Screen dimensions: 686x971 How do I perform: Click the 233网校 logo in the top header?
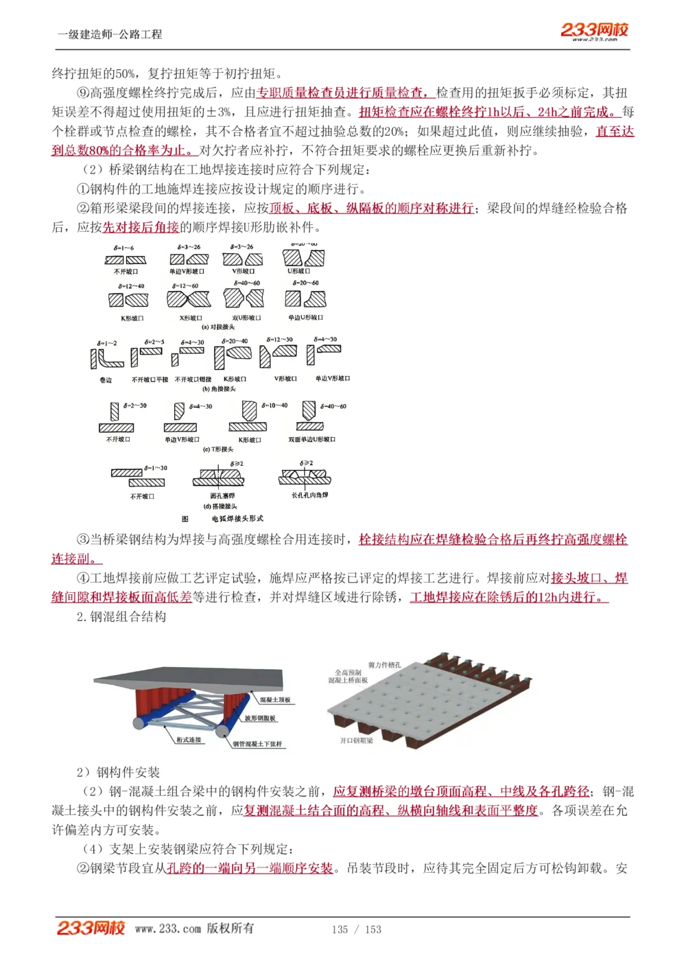tap(594, 31)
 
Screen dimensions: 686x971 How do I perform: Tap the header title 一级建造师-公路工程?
tap(110, 34)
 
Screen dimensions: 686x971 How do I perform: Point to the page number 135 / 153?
tap(356, 929)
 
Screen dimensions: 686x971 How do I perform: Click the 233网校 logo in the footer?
tap(91, 928)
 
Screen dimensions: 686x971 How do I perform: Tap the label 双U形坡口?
tap(246, 318)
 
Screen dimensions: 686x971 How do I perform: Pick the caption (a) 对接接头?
tap(218, 327)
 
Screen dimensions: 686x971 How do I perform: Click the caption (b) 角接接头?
tap(219, 389)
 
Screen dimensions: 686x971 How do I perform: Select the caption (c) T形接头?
tap(218, 449)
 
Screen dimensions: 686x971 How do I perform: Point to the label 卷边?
tap(106, 379)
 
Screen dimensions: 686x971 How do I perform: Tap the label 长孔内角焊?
tap(310, 495)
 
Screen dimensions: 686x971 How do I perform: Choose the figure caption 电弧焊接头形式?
tap(237, 519)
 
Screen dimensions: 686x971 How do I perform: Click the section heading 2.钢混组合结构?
tap(121, 616)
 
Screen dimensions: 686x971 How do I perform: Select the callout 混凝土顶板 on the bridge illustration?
tap(275, 700)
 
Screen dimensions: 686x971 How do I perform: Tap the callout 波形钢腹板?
tap(260, 718)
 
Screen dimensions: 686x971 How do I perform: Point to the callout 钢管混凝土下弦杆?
tap(257, 744)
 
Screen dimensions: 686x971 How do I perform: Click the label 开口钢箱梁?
tap(357, 741)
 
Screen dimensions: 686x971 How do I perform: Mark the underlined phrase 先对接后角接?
tap(141, 227)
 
